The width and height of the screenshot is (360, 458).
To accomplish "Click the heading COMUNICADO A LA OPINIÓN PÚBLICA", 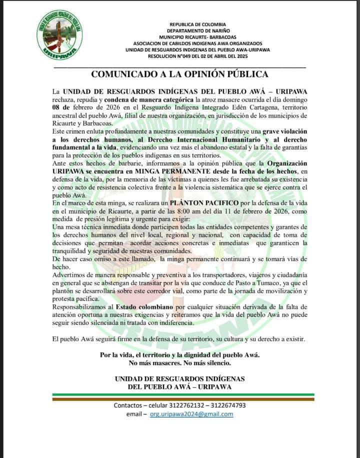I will [x=180, y=74].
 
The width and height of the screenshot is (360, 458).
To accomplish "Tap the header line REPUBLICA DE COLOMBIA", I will [x=198, y=24].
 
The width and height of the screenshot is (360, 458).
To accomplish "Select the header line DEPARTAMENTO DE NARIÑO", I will [x=198, y=30].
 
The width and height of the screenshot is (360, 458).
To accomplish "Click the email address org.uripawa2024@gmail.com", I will [x=191, y=414].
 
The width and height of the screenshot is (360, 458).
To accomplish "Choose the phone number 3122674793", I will [x=228, y=405].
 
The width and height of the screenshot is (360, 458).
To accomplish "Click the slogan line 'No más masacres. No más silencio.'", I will [x=180, y=362].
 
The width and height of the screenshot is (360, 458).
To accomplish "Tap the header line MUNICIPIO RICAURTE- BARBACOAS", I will [x=198, y=37].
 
